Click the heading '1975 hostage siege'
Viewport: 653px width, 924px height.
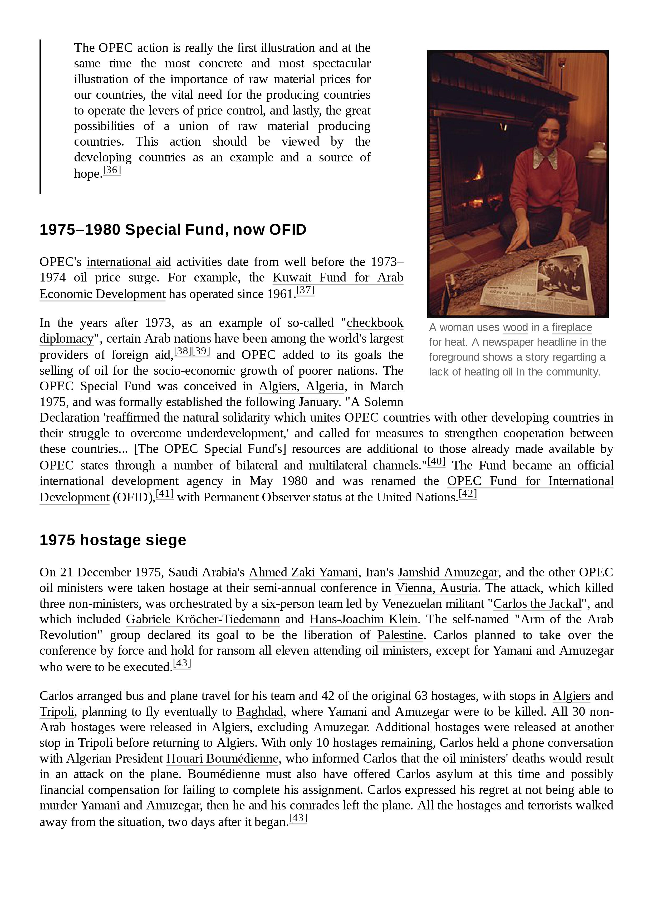coord(113,540)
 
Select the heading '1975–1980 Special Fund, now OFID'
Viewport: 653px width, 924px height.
coord(173,230)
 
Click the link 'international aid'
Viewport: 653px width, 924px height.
coord(129,262)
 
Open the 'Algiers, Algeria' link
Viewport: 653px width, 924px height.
coord(302,386)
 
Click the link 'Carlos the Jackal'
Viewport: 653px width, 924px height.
coord(537,604)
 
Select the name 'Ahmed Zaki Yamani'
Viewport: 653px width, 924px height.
coord(303,572)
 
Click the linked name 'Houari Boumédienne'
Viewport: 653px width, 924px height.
coord(222,759)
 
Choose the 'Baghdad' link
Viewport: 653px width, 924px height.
coord(260,711)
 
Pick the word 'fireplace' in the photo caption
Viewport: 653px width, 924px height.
coord(571,328)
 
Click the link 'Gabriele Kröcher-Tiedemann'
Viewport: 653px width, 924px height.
coord(203,619)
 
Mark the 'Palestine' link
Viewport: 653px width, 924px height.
coord(400,635)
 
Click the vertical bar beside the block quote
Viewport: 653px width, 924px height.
coord(41,117)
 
